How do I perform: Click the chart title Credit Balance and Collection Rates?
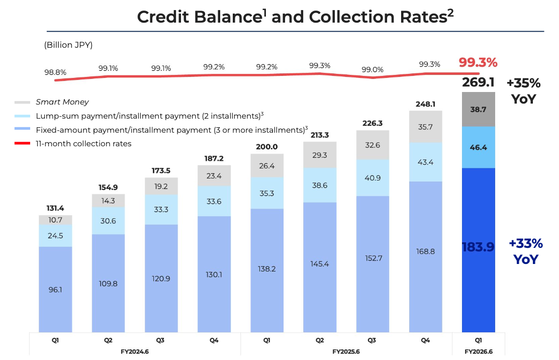click(x=295, y=17)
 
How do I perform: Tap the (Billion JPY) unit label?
click(x=68, y=45)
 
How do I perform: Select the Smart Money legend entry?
click(x=62, y=102)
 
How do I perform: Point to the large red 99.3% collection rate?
click(x=478, y=63)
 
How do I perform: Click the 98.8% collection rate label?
click(x=55, y=72)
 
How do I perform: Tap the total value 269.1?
click(x=478, y=82)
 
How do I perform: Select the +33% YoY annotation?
click(x=526, y=251)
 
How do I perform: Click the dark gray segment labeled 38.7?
click(x=478, y=109)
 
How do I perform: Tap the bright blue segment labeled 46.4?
click(x=478, y=147)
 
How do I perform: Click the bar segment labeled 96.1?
click(x=55, y=289)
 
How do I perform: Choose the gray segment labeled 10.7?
click(x=55, y=220)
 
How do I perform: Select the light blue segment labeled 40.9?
click(x=372, y=177)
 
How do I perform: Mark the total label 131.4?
click(x=55, y=209)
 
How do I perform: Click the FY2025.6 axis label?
click(x=346, y=351)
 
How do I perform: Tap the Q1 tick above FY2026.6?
click(x=478, y=340)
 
